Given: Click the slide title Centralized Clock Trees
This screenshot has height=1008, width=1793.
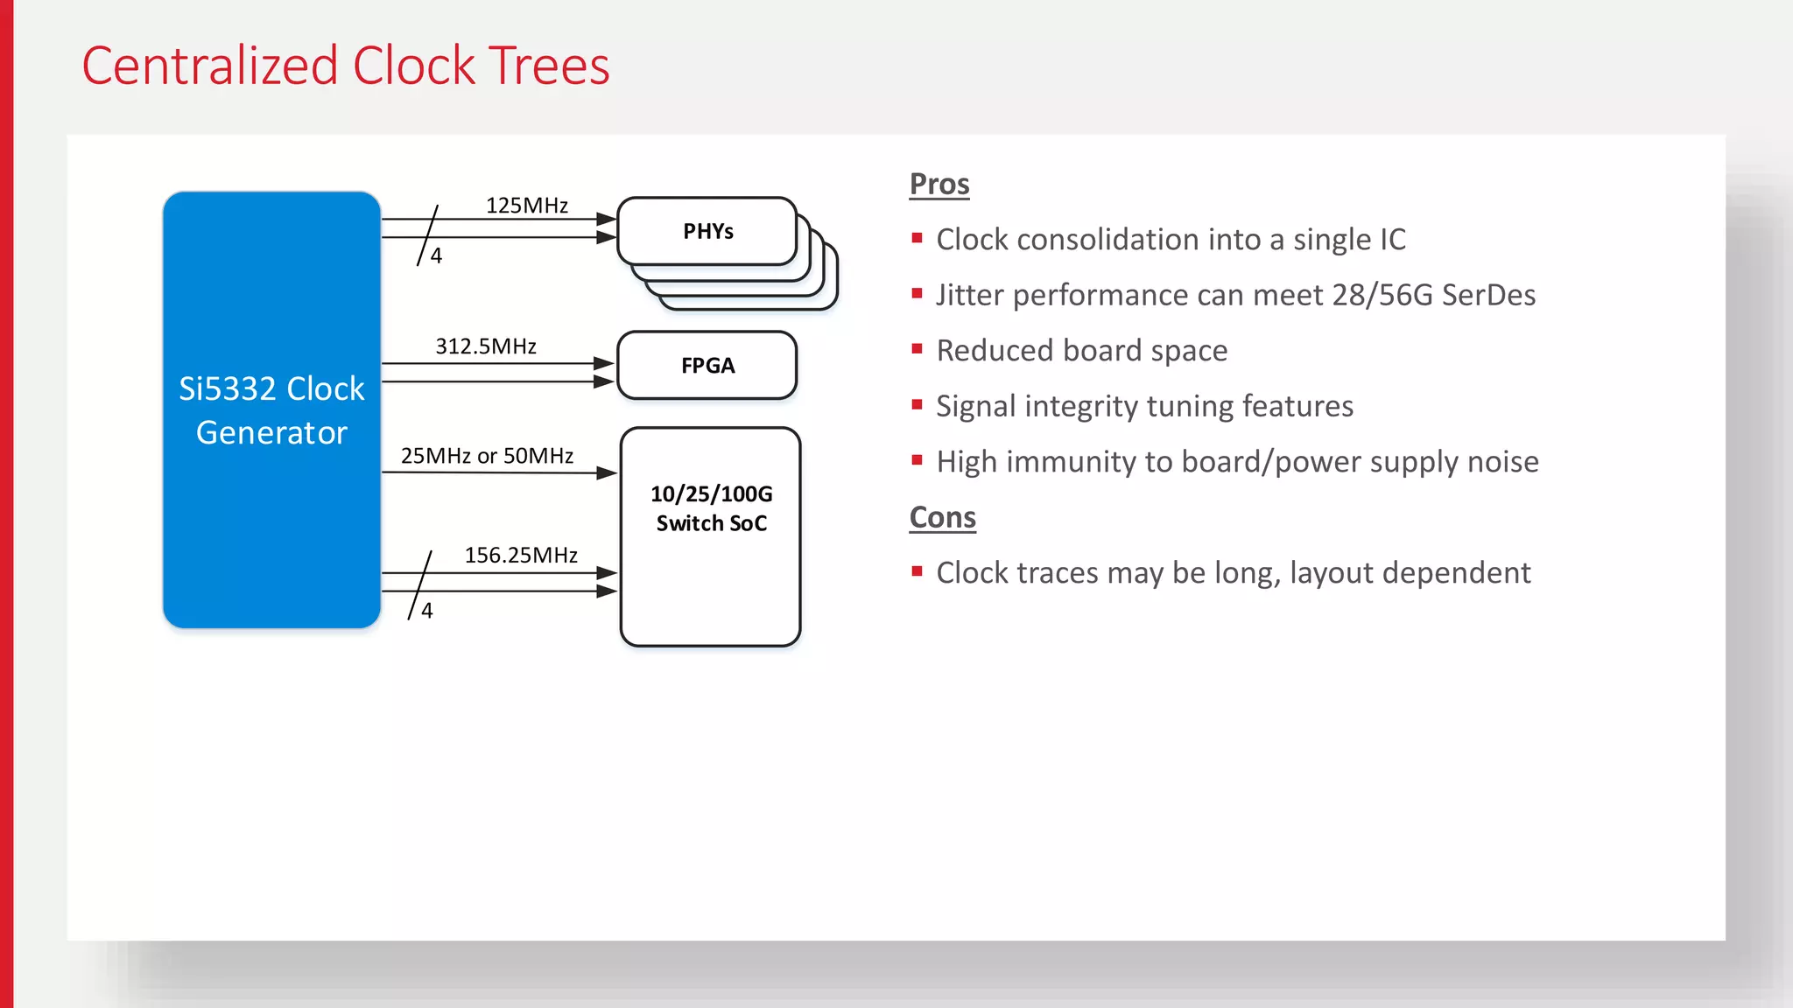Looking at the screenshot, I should click(345, 66).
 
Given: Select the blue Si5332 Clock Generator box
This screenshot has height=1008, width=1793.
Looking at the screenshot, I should click(271, 409).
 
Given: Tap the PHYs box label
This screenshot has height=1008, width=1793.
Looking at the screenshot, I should click(707, 232).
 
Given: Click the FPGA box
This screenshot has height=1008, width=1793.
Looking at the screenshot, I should click(707, 366).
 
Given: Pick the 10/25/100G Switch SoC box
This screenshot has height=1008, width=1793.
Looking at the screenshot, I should click(710, 535).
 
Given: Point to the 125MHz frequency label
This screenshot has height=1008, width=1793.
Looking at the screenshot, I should click(527, 206).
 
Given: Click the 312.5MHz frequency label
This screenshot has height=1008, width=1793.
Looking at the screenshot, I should click(486, 346).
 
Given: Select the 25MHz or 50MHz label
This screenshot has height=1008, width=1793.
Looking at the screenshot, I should click(487, 456).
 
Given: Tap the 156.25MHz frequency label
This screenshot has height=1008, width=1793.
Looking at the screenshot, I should click(521, 556).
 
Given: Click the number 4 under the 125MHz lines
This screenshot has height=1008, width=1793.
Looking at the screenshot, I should click(436, 256).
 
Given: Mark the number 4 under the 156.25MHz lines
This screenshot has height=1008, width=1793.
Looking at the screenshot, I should click(427, 611).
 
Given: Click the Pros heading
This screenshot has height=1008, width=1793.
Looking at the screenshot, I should click(939, 185).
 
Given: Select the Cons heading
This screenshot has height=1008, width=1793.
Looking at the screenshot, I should click(942, 518).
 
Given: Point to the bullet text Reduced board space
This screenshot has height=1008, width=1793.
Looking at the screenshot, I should click(1081, 351).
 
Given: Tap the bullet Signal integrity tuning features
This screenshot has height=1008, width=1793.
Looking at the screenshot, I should click(1144, 407).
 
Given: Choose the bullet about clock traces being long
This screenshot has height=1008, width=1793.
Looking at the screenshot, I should click(1233, 573).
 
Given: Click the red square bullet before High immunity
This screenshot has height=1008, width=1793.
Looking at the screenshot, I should click(917, 460).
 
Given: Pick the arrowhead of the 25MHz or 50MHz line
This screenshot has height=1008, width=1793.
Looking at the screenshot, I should click(607, 473).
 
